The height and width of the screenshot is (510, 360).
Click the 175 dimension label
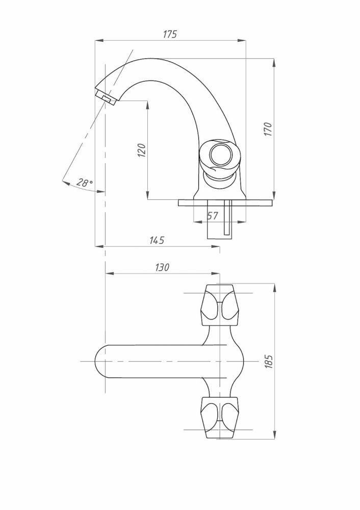tap(170, 34)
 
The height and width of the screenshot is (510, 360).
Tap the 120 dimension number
tap(142, 150)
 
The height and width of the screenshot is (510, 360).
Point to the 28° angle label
tap(85, 182)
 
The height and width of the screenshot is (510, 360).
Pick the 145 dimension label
tap(157, 240)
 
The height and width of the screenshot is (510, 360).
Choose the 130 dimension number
tap(162, 267)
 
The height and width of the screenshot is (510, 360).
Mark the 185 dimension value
tap(269, 362)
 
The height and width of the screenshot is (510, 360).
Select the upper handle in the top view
tap(220, 305)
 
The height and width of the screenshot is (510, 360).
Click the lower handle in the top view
tap(220, 417)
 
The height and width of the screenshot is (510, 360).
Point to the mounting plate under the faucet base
tap(225, 202)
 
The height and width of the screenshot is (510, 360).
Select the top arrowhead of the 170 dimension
tap(274, 63)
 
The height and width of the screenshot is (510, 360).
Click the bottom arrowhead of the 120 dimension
tap(147, 195)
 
